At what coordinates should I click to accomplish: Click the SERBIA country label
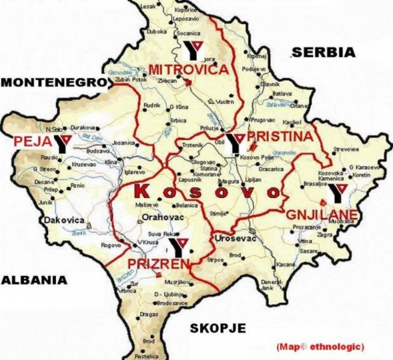[324, 52]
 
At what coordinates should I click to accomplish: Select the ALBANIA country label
[33, 280]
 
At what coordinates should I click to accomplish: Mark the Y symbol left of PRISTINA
[235, 141]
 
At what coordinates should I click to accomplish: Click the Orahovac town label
[160, 216]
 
